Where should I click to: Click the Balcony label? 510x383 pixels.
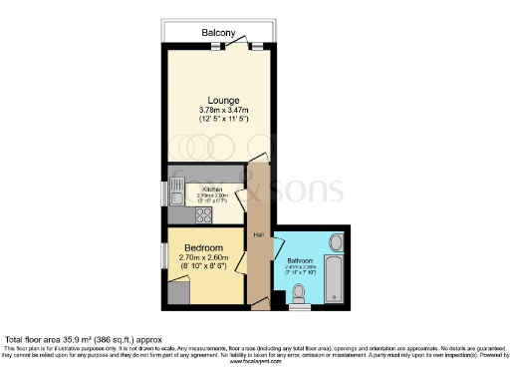(218, 33)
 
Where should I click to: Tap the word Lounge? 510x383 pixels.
(217, 98)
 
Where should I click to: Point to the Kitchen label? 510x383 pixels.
(212, 189)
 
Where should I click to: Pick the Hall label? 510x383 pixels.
(258, 235)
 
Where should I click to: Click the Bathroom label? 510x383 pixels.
(300, 261)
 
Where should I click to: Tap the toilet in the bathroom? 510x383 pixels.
(299, 292)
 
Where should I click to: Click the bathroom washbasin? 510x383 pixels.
(335, 242)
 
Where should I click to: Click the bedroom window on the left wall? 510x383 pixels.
(165, 253)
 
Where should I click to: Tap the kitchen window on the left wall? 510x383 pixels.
(165, 193)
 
